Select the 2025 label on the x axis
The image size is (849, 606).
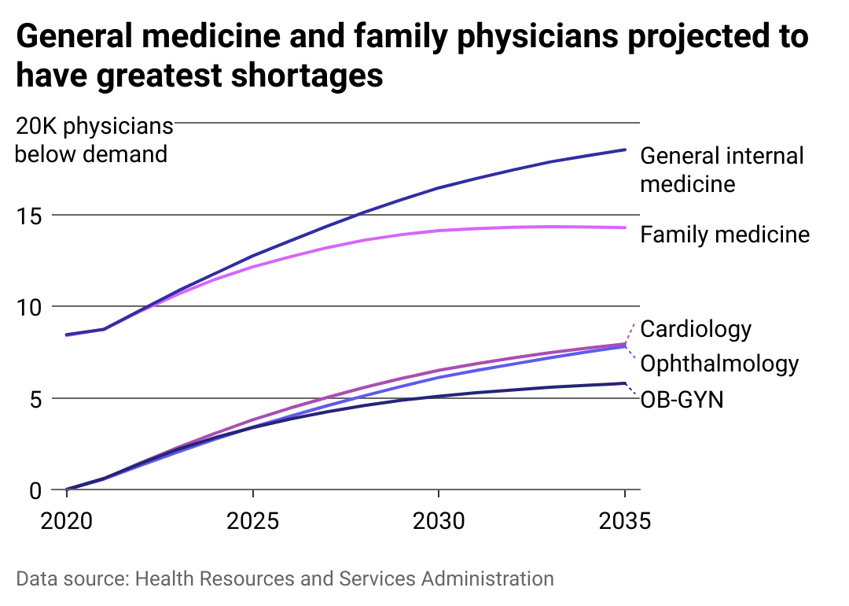pyautogui.click(x=253, y=522)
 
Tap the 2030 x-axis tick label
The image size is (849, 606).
pyautogui.click(x=438, y=522)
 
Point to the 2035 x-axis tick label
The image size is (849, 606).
pyautogui.click(x=625, y=522)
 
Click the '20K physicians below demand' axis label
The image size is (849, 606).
pyautogui.click(x=93, y=139)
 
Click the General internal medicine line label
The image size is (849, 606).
pyautogui.click(x=722, y=169)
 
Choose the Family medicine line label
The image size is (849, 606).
pyautogui.click(x=725, y=234)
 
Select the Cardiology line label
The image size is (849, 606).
pyautogui.click(x=696, y=328)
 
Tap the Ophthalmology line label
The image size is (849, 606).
pyautogui.click(x=719, y=364)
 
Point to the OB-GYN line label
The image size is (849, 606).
pyautogui.click(x=682, y=400)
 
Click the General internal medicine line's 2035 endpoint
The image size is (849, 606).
pyautogui.click(x=625, y=150)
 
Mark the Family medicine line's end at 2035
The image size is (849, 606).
pyautogui.click(x=625, y=227)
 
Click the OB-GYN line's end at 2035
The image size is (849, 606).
pyautogui.click(x=625, y=383)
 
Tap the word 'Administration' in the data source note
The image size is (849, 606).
pyautogui.click(x=487, y=578)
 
